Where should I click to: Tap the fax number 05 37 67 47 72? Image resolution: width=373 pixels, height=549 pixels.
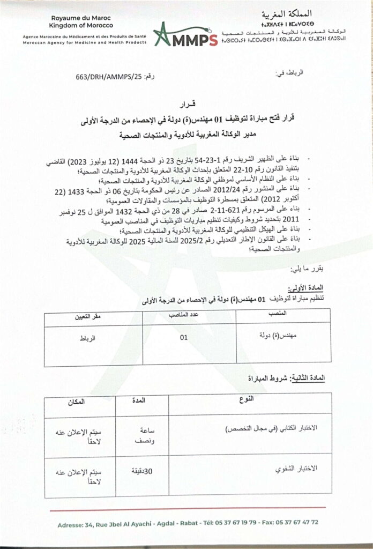pyautogui.click(x=302, y=522)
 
